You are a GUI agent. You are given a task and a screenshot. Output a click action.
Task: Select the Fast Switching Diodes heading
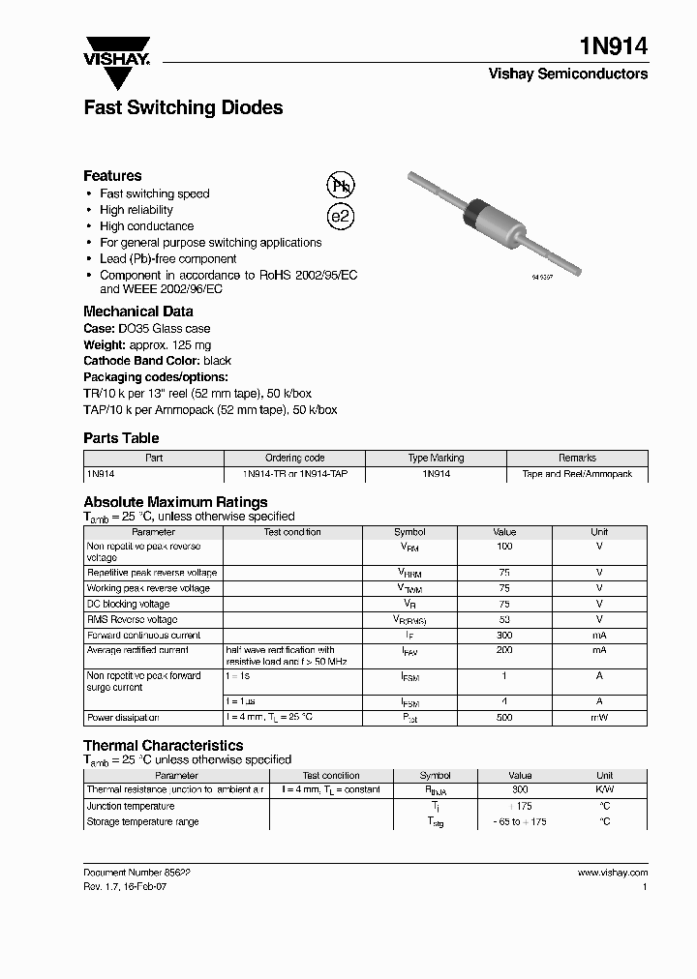[x=183, y=107]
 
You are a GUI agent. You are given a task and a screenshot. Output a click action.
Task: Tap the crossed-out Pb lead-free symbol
[x=340, y=187]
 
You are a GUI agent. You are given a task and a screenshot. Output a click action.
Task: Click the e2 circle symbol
[x=340, y=217]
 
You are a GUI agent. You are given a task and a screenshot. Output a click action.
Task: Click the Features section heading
[x=112, y=175]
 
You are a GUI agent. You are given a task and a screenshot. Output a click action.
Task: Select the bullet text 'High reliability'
[x=136, y=210]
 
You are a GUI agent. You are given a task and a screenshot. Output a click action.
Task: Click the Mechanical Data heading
[x=137, y=311]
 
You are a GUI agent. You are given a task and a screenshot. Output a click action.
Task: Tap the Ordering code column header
[x=294, y=458]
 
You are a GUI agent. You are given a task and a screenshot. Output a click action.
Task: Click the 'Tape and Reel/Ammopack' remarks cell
[x=577, y=474]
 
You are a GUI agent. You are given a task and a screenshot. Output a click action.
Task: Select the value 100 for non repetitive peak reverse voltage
[x=504, y=547]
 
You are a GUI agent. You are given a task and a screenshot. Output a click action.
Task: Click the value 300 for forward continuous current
[x=504, y=636]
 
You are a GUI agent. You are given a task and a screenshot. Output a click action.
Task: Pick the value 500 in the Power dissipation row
[x=504, y=718]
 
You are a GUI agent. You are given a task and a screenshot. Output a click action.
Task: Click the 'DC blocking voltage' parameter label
[x=128, y=604]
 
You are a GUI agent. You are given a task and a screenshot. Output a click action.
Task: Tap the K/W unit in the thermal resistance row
[x=604, y=789]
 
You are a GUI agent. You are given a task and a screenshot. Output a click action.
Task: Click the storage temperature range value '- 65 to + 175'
[x=520, y=821]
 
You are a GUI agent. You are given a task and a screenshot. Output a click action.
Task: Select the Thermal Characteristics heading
[x=163, y=745]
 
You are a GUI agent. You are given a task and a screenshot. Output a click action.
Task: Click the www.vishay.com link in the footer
[x=612, y=872]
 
